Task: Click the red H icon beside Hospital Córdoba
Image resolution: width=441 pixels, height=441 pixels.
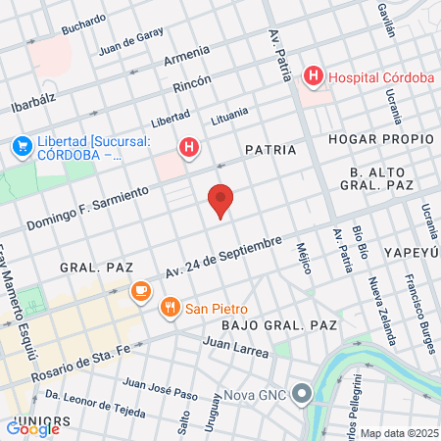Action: (314, 75)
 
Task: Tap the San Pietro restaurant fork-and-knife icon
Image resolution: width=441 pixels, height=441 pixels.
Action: (171, 307)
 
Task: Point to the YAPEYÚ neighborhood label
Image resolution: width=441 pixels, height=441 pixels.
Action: (412, 250)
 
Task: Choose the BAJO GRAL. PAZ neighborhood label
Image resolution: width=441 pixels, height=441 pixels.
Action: (279, 323)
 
